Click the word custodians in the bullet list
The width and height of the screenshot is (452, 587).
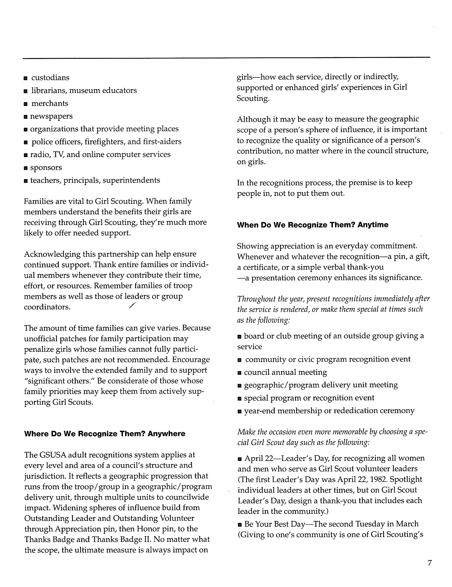[50, 78]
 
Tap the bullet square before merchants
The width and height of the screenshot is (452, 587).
[26, 104]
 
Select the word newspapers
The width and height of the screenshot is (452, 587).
[51, 116]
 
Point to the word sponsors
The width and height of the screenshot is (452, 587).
[46, 168]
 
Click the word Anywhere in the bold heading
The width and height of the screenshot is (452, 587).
[166, 433]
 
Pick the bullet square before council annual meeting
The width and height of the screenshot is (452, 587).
[239, 373]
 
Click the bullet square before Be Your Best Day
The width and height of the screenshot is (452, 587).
[240, 524]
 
